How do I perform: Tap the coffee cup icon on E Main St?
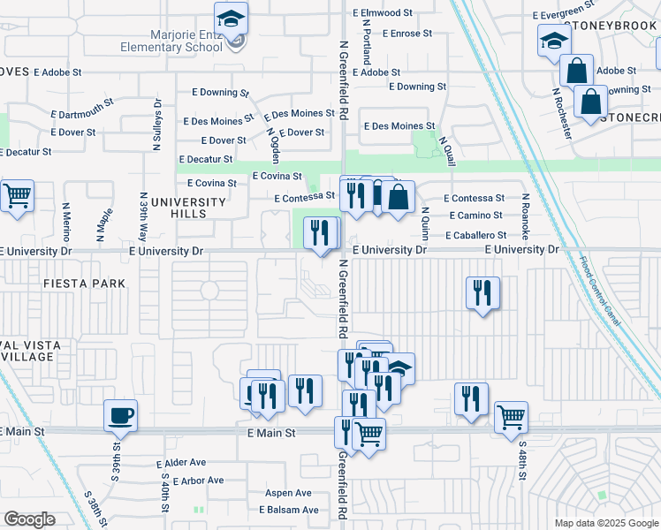pos(120,414)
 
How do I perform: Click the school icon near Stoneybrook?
pos(554,41)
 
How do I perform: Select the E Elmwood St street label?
pos(383,13)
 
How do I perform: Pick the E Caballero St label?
pos(475,236)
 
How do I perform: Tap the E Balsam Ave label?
pos(288,511)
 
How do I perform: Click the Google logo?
pos(30,519)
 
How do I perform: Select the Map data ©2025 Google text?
pos(605,523)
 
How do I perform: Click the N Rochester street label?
pos(563,112)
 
